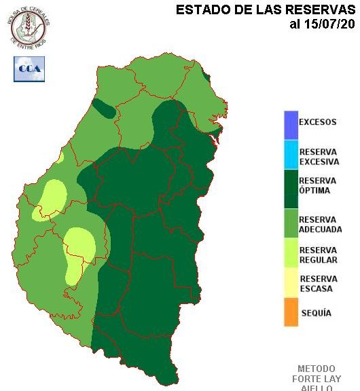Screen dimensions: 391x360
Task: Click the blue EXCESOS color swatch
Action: point(291,124)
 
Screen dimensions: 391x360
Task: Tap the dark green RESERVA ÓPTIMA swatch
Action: point(291,187)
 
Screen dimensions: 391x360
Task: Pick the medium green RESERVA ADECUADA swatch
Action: point(291,223)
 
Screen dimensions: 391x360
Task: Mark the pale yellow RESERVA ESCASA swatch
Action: point(291,284)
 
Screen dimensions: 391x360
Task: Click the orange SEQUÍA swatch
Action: point(291,314)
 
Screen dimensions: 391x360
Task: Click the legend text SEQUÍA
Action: point(316,313)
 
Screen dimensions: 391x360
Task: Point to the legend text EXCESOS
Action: point(318,123)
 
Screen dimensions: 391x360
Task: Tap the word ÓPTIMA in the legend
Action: point(314,191)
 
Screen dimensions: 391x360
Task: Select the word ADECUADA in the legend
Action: point(321,229)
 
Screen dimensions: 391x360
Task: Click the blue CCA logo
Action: point(29,69)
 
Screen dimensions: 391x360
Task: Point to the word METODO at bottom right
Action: point(317,369)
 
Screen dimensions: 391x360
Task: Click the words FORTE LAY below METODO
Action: point(317,379)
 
